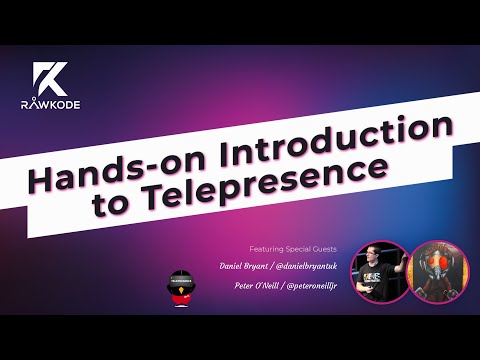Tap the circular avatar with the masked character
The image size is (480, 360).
(436, 272)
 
